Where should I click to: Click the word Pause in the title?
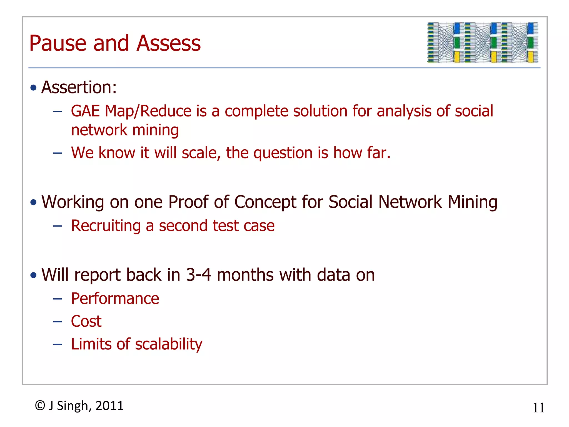coord(58,44)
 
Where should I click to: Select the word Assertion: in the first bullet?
coord(79,88)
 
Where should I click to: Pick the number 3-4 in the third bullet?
coord(198,275)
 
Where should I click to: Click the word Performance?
coord(115,299)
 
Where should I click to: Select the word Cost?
coord(86,322)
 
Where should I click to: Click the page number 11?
coord(538,408)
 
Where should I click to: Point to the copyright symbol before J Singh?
coord(40,406)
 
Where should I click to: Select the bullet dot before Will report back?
coord(34,275)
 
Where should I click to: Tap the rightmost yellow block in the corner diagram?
coord(530,57)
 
